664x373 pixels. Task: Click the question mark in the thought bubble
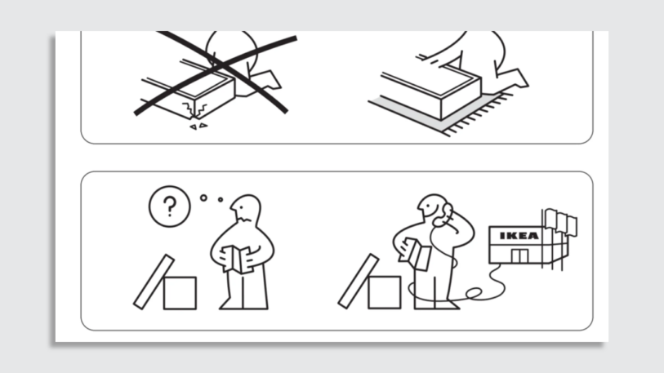[x=169, y=206]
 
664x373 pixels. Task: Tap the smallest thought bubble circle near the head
[x=220, y=200]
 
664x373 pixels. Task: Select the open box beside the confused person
[x=180, y=292]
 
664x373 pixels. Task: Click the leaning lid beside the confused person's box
[x=154, y=282]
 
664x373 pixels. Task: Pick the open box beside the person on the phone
[x=384, y=292]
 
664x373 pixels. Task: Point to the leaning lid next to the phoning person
[x=358, y=282]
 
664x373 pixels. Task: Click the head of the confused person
[x=245, y=210]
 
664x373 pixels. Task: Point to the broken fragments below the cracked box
[x=198, y=127]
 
